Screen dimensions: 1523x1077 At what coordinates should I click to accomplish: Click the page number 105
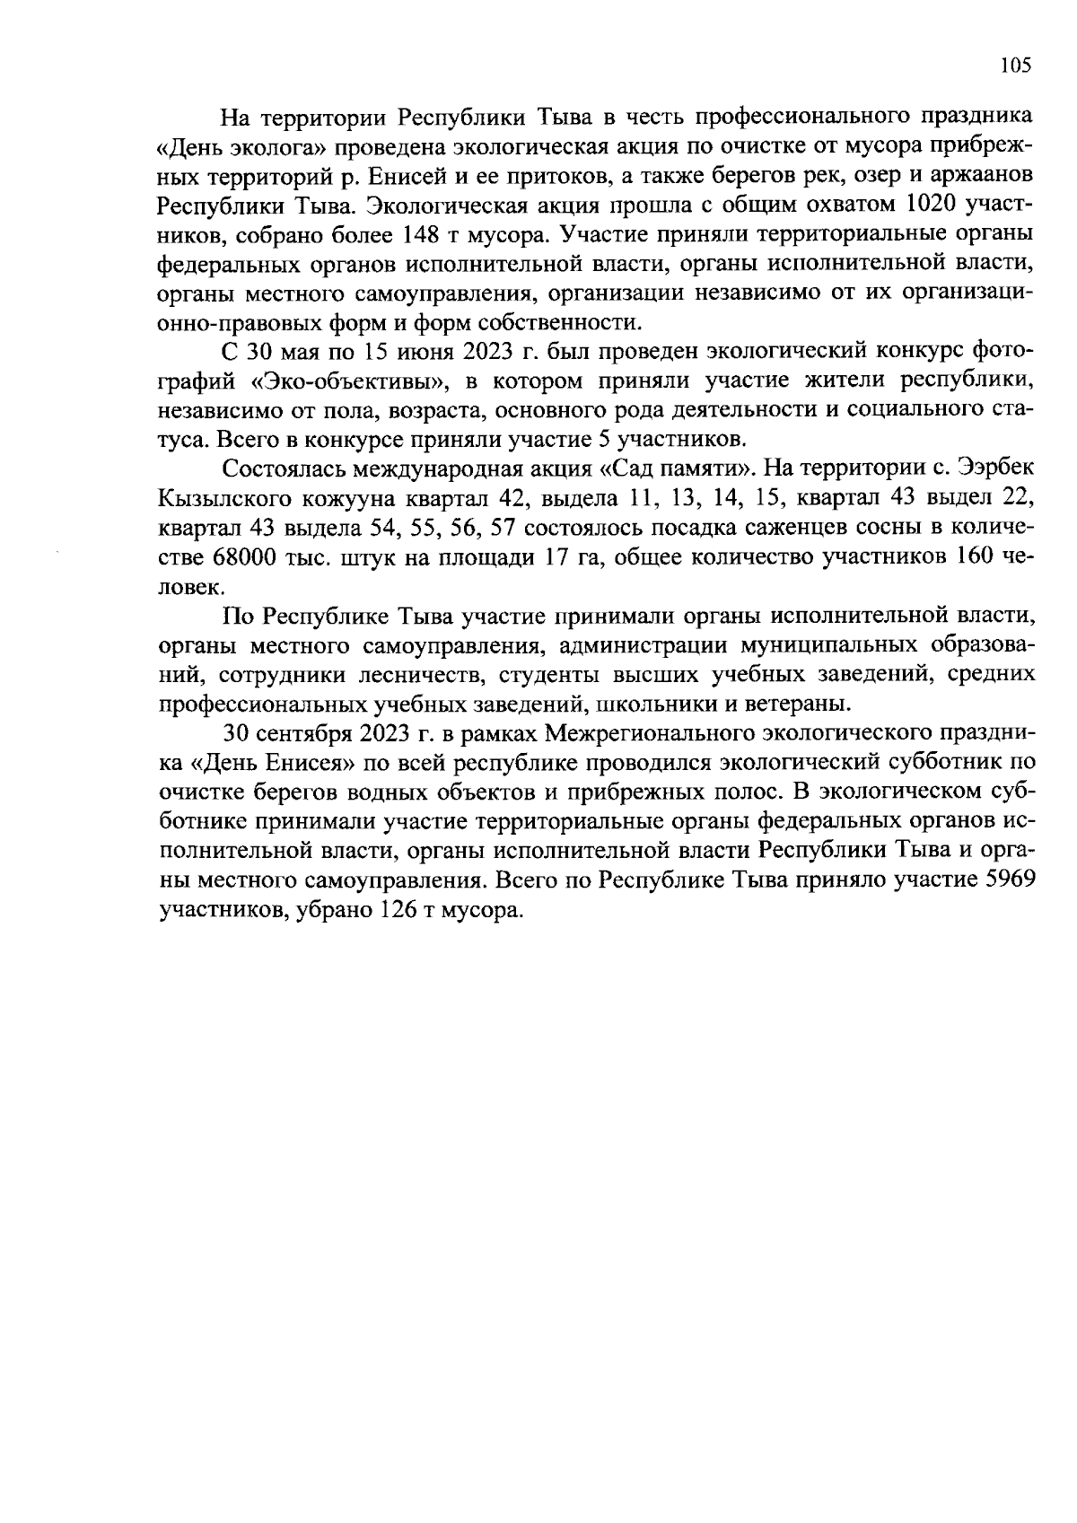[1015, 65]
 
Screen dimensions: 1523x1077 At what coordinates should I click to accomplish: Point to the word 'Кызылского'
[223, 498]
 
